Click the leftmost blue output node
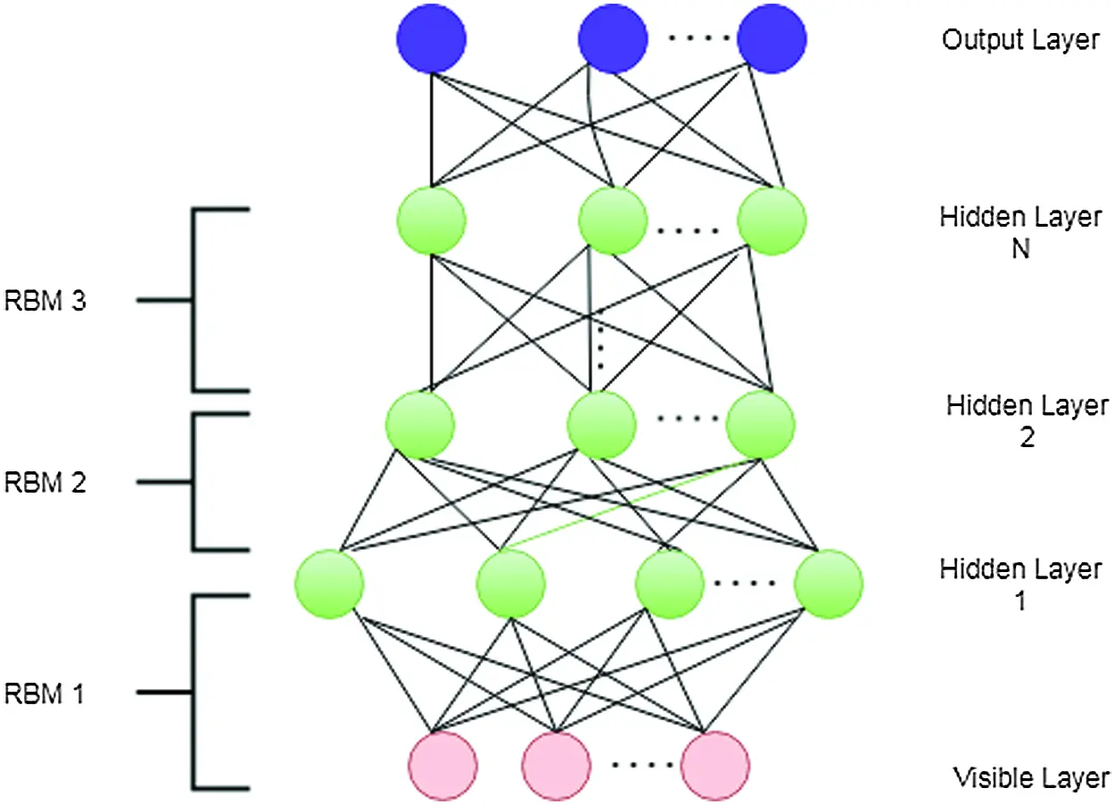[432, 39]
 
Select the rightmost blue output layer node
[772, 39]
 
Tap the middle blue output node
[613, 39]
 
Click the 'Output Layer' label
[1020, 40]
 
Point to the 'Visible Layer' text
[1031, 776]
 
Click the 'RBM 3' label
[45, 302]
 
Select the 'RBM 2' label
[45, 483]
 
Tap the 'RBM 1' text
[45, 693]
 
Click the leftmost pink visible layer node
[442, 766]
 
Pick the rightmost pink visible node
[714, 766]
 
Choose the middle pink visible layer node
[556, 766]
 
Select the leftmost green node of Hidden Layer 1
[329, 585]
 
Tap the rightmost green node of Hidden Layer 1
[830, 585]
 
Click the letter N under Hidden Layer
[1020, 250]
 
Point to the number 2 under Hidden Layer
[1027, 438]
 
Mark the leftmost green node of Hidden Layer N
[432, 220]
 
